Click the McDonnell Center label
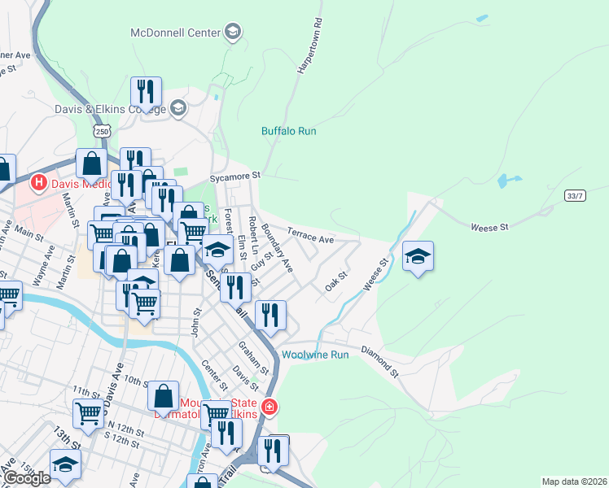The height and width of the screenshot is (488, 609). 175,33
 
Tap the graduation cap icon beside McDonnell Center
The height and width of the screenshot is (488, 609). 233,33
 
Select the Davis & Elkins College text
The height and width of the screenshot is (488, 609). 109,108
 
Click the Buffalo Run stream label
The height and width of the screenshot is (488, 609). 288,131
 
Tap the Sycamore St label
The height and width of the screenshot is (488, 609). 234,175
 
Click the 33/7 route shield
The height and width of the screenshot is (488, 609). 575,196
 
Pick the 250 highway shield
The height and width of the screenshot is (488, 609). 102,130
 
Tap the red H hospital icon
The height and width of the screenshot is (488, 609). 37,183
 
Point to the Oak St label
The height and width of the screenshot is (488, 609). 336,281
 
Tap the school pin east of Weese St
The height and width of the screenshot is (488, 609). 418,257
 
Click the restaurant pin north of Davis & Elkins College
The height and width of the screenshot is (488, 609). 146,92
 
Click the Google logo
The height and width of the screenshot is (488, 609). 28,478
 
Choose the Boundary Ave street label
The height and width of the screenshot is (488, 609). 276,254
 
